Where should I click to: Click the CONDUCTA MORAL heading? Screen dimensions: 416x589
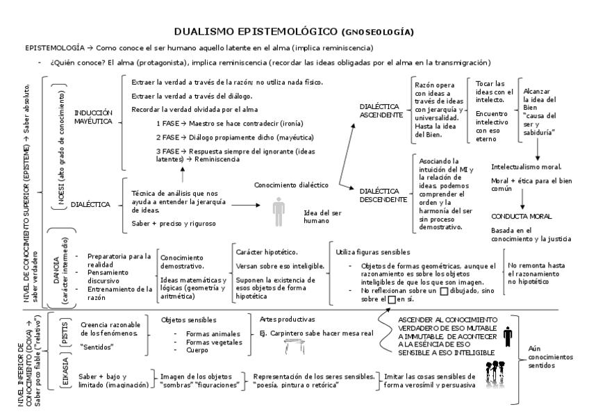click(x=521, y=216)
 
